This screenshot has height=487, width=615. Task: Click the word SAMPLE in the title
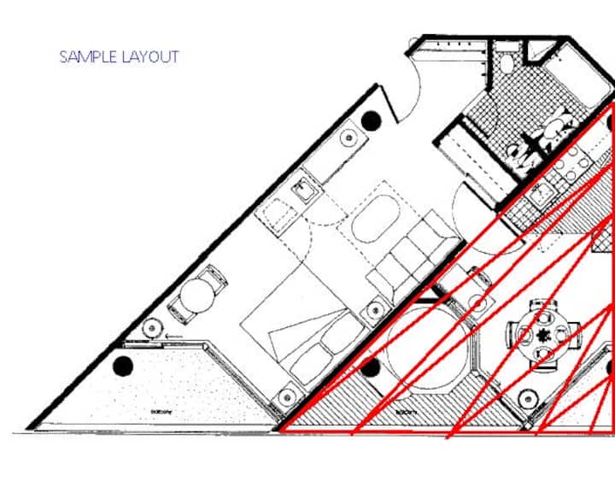[88, 57]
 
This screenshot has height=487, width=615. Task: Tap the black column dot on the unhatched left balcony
[124, 366]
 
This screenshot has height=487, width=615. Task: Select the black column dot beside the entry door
[371, 121]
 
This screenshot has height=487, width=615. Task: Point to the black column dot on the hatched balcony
[370, 368]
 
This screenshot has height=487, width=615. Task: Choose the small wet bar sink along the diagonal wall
[304, 190]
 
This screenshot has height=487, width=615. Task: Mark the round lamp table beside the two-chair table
[153, 327]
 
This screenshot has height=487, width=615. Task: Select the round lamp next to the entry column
[349, 137]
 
